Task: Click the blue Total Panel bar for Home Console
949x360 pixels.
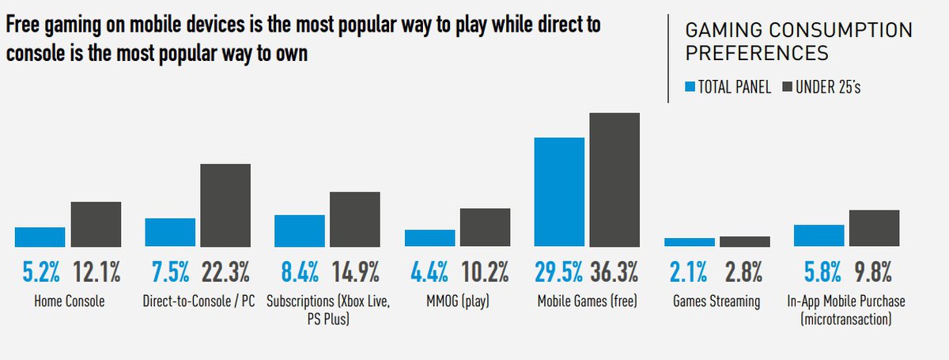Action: click(x=40, y=237)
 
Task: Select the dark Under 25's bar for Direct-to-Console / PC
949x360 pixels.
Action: click(x=225, y=205)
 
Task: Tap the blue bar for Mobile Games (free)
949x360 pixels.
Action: click(x=559, y=191)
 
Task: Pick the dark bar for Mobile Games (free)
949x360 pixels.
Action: click(x=614, y=180)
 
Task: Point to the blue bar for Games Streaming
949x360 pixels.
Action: click(x=690, y=242)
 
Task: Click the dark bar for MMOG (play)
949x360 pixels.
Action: click(x=486, y=227)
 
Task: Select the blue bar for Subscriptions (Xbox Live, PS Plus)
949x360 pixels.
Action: click(x=300, y=230)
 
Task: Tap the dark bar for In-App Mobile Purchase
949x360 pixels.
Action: click(x=875, y=228)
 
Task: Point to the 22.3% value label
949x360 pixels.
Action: click(x=225, y=273)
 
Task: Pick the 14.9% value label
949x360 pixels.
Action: click(x=355, y=273)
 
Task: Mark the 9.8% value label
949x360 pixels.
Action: click(x=875, y=273)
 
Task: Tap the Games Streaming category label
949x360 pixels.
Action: click(x=717, y=301)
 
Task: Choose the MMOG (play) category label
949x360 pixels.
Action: click(x=458, y=301)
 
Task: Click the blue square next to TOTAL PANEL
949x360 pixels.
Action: click(x=690, y=86)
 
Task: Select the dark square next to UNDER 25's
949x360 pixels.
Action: click(x=788, y=86)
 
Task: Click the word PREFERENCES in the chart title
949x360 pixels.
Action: click(x=757, y=54)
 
